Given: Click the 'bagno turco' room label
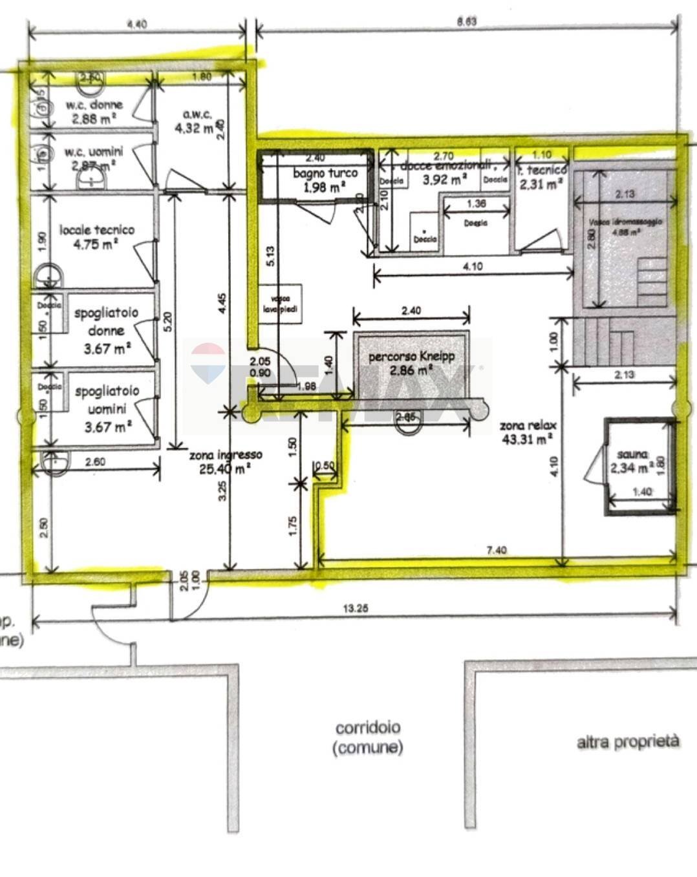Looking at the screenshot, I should click(x=325, y=173).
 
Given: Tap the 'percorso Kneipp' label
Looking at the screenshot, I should click(x=411, y=357).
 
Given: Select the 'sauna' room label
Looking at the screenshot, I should click(x=632, y=455).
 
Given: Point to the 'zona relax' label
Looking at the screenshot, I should click(x=528, y=426).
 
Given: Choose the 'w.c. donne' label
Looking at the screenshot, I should click(x=94, y=105).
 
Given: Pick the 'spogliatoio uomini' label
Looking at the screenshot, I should click(x=107, y=399).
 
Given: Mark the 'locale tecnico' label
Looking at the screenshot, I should click(x=97, y=229).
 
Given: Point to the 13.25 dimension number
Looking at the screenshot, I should click(x=356, y=608).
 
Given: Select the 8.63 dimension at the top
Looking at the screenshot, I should click(x=466, y=21).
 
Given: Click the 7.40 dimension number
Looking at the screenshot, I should click(x=496, y=550).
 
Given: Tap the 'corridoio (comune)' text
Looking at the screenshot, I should click(x=367, y=737).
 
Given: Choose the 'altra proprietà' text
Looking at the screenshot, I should click(x=628, y=741).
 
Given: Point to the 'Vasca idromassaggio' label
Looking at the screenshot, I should click(x=625, y=222).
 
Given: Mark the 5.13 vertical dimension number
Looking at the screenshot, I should click(x=270, y=257).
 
